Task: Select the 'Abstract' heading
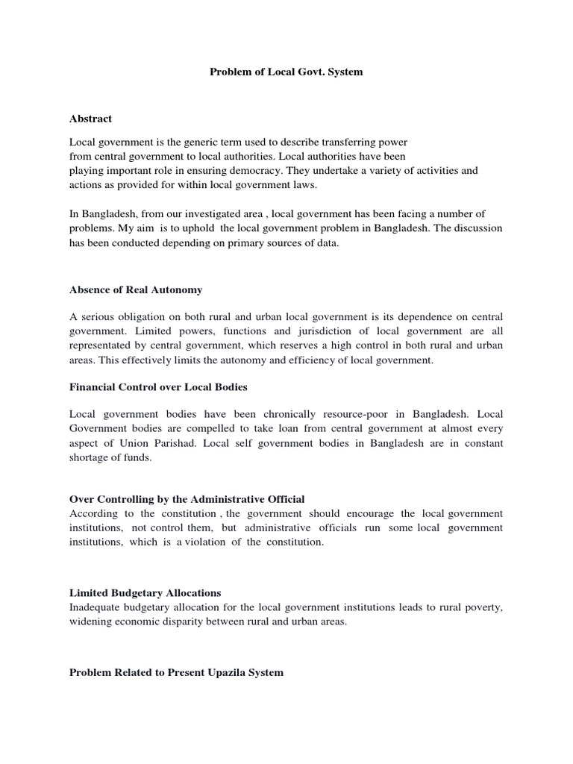pyautogui.click(x=90, y=119)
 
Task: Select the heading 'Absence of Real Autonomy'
pyautogui.click(x=136, y=289)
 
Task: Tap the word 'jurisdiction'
pyautogui.click(x=317, y=332)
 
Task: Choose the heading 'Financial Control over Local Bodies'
pyautogui.click(x=158, y=387)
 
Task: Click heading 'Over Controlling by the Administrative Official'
pyautogui.click(x=187, y=499)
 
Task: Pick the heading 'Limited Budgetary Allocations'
pyautogui.click(x=145, y=593)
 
